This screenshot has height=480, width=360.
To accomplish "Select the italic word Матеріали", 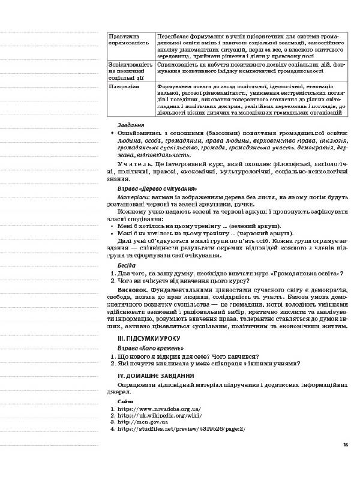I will [132, 197].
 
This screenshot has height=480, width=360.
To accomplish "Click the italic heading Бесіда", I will [127, 265].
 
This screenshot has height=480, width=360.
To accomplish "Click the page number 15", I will [346, 445].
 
